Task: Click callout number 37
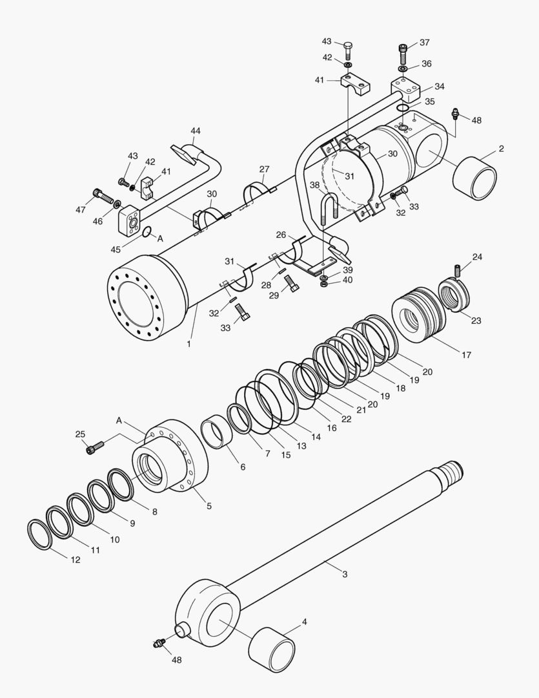424,43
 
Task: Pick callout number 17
466,355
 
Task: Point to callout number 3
344,574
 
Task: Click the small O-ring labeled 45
147,233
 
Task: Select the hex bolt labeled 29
291,283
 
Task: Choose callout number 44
196,131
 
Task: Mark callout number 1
188,344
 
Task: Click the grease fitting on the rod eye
158,642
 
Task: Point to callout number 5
208,506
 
